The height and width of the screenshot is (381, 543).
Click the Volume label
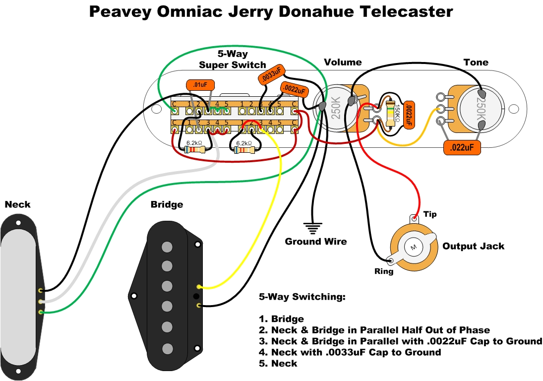click(x=343, y=63)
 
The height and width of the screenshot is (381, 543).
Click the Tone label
click(x=476, y=63)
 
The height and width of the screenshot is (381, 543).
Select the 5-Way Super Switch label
click(x=233, y=60)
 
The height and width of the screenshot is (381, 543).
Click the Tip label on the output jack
click(x=430, y=214)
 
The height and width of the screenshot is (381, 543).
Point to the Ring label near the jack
click(x=384, y=271)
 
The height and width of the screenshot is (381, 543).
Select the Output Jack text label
click(x=473, y=246)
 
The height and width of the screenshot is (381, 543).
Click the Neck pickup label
click(x=17, y=204)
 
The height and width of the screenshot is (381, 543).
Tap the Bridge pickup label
click(x=167, y=204)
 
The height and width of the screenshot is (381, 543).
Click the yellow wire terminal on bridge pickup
click(x=199, y=287)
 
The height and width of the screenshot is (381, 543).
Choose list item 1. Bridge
click(x=281, y=319)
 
